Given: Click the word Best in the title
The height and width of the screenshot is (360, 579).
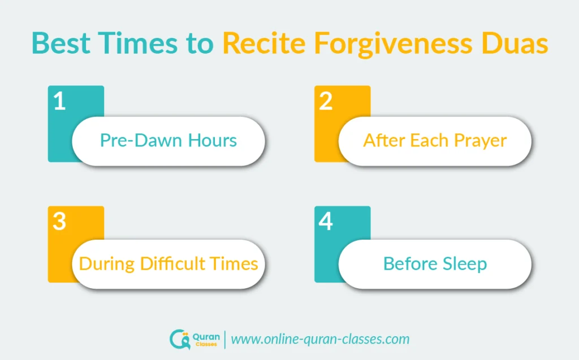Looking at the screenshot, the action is (61, 43).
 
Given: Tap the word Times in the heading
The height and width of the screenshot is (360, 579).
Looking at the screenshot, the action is (137, 43).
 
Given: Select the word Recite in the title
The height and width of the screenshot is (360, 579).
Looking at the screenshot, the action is (264, 43).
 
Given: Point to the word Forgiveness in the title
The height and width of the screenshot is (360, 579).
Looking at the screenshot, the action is (393, 44).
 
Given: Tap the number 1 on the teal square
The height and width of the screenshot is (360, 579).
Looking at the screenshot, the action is (60, 101).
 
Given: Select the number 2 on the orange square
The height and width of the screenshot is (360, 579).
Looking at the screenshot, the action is (326, 101).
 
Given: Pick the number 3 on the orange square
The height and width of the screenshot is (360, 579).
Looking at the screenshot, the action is (59, 221).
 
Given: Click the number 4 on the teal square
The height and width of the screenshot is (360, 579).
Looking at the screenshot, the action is (326, 221).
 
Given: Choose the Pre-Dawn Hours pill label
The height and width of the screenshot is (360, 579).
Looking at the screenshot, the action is (168, 140).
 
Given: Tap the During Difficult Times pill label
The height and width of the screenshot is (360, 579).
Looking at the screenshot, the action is (168, 263).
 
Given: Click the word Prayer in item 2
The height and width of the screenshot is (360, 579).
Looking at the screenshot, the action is (481, 142).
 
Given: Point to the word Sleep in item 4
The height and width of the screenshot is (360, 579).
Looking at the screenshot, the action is (465, 264).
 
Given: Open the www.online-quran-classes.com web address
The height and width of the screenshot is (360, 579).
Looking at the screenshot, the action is (320, 339).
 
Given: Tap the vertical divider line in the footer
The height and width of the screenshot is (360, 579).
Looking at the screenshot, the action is (225, 340).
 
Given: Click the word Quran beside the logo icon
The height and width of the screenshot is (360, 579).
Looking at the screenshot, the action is (206, 337).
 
